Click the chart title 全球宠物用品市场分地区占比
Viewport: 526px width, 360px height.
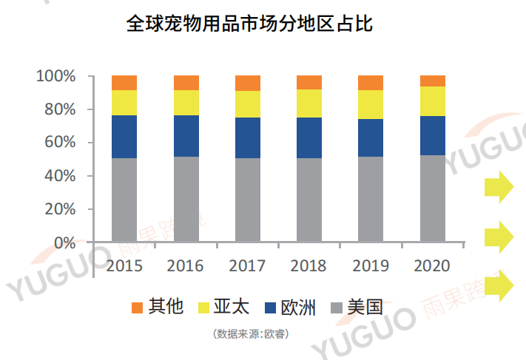tap(249, 24)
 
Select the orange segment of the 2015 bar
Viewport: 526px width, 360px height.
tap(124, 82)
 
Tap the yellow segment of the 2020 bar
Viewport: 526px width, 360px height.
tap(432, 101)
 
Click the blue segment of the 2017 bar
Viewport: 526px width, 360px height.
tap(247, 137)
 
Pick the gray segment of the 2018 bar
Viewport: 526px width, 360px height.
tap(308, 200)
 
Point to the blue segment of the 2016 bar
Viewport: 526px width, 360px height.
tap(186, 135)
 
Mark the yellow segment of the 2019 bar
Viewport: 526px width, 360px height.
tap(370, 104)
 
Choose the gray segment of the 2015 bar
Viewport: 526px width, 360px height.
tap(124, 200)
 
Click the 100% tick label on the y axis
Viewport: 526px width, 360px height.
tap(56, 76)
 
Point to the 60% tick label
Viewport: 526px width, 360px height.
tap(60, 143)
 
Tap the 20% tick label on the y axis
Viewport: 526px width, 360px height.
tap(60, 209)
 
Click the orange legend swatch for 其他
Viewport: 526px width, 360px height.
tap(136, 307)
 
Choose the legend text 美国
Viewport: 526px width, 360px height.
tap(365, 307)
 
